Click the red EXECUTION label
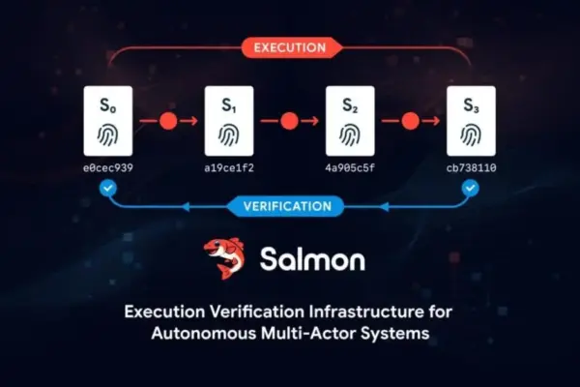[291, 47]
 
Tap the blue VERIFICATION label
[287, 206]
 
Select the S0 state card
[108, 121]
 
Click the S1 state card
[229, 121]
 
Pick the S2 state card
[350, 121]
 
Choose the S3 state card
[471, 121]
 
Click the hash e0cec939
[108, 168]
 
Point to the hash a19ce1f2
[229, 168]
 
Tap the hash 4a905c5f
[350, 168]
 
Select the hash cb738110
[472, 168]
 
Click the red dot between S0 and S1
[168, 121]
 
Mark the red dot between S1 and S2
[289, 121]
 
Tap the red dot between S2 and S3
[410, 121]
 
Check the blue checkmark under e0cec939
[108, 188]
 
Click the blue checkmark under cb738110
[470, 188]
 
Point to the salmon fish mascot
[224, 258]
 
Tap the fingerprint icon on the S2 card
[350, 134]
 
